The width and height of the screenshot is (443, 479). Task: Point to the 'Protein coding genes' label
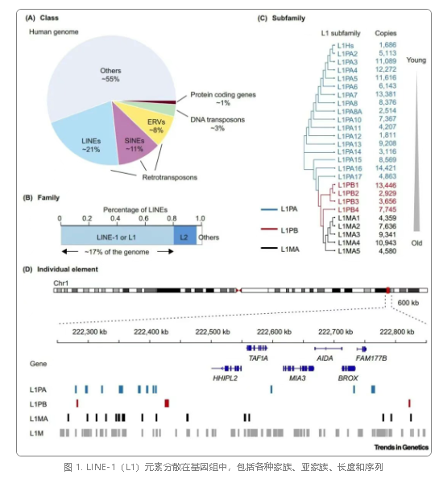[x=223, y=95]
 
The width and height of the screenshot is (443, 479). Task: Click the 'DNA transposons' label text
[x=217, y=120]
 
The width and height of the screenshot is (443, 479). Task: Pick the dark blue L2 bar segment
[x=185, y=235]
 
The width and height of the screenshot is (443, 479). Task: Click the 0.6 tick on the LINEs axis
[x=143, y=218]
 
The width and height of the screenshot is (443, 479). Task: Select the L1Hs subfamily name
[x=346, y=46]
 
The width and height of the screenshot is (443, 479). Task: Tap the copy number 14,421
[x=386, y=168]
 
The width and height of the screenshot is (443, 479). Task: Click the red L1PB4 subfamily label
[x=348, y=210]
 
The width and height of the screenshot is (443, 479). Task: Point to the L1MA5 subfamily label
[x=349, y=251]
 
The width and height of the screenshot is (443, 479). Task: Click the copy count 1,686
[x=387, y=45]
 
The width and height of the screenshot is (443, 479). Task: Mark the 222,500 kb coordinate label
[x=213, y=332]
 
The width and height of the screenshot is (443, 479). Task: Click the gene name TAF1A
[x=258, y=358]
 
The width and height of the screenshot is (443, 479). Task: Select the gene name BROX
[x=348, y=378]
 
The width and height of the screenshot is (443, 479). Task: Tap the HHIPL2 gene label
[x=225, y=378]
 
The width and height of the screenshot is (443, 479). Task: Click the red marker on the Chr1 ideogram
[x=388, y=290]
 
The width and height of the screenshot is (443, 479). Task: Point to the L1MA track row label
[x=39, y=419]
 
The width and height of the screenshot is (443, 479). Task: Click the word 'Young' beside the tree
[x=416, y=60]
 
